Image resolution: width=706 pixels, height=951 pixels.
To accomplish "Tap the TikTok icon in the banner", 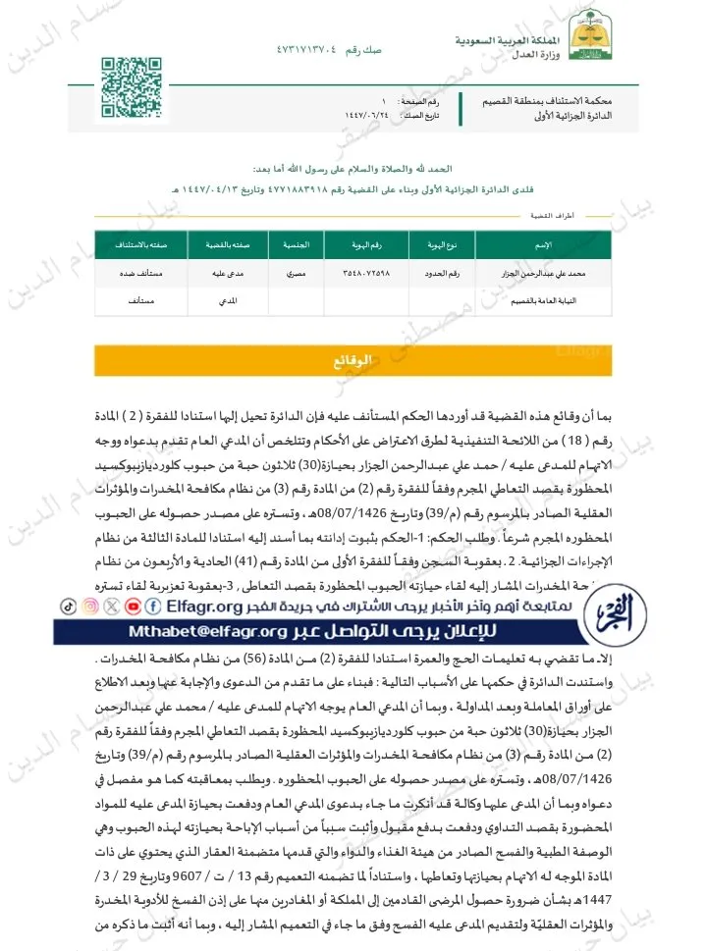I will click(68, 607).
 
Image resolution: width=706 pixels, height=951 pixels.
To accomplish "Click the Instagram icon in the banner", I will click(89, 607).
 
